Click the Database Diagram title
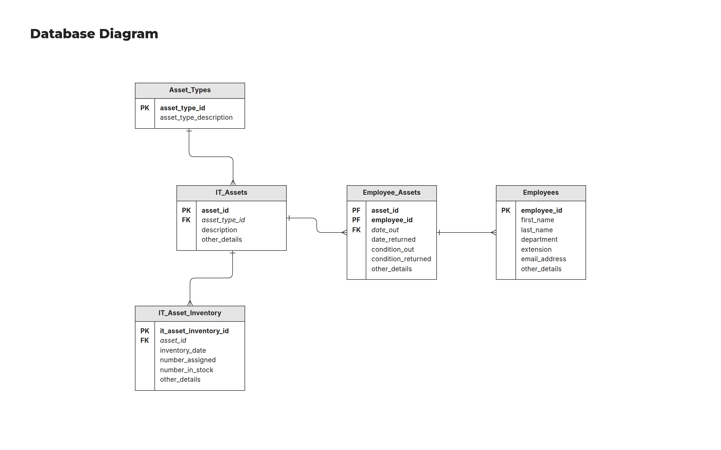click(94, 34)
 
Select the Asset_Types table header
click(190, 90)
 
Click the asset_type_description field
click(196, 117)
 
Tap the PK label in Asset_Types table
click(145, 108)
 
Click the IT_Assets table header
click(231, 192)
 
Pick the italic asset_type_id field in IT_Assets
click(223, 220)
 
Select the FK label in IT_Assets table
click(186, 220)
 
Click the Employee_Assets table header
click(391, 192)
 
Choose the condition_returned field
click(401, 259)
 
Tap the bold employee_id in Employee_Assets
click(392, 220)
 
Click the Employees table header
click(540, 192)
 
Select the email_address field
click(543, 259)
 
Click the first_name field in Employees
click(537, 220)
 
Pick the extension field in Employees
click(536, 249)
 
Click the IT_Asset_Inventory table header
click(190, 313)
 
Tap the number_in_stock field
click(187, 370)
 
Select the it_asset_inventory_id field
click(194, 331)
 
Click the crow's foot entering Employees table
click(493, 232)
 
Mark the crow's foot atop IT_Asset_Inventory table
click(190, 303)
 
